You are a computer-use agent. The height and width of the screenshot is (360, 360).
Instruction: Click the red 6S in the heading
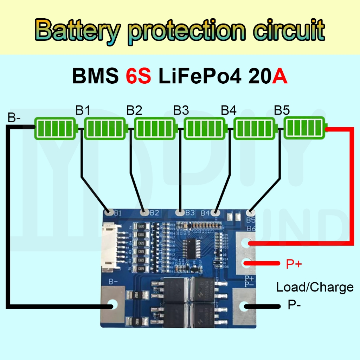pos(138,76)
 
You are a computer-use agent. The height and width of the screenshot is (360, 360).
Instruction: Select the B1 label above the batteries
pos(83,111)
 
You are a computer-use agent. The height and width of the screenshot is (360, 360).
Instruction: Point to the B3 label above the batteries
pos(181,111)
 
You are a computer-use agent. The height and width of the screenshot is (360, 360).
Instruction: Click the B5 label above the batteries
pos(282,111)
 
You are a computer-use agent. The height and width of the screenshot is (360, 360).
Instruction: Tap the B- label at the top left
pos(14,118)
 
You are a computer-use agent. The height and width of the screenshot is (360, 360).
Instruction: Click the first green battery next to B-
pos(56,128)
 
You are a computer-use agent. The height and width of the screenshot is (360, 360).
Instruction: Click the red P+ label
pos(294,264)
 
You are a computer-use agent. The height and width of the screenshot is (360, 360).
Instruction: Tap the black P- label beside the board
pos(294,305)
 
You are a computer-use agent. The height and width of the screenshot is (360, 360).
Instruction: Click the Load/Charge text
pos(315,287)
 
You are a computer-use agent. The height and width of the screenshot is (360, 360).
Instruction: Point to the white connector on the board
pos(111,248)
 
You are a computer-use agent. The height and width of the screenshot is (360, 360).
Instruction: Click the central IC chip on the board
pos(191,248)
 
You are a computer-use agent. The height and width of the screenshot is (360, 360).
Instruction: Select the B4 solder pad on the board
pos(216,212)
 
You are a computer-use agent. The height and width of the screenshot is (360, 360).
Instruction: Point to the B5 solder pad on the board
pos(250,212)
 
